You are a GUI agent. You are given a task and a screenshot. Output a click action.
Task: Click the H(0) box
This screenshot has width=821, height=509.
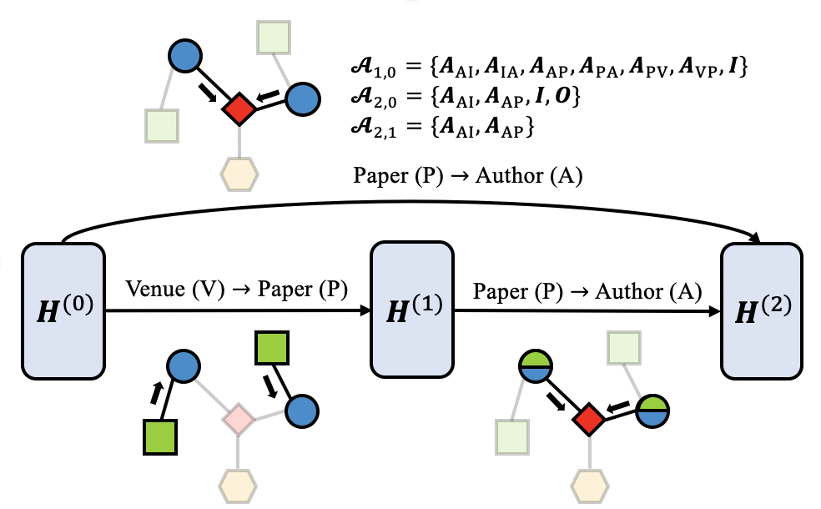pyautogui.click(x=63, y=310)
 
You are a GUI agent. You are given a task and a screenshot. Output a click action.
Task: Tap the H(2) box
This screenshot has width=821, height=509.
pyautogui.click(x=763, y=310)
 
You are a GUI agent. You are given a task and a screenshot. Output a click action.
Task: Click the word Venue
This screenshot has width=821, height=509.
pyautogui.click(x=153, y=290)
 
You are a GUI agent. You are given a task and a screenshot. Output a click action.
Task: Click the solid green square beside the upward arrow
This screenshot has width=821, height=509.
pyautogui.click(x=158, y=436)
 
